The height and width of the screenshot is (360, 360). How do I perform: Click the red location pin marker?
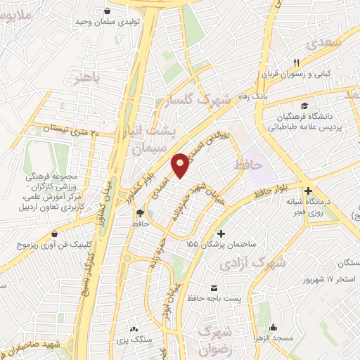click(181, 166)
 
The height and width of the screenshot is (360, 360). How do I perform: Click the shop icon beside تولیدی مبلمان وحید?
click(106, 11)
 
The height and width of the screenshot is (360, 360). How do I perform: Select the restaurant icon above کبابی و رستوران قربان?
click(296, 63)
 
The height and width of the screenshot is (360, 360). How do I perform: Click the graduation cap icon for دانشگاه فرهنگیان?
click(303, 105)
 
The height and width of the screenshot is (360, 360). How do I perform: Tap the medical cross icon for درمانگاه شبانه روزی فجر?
click(308, 191)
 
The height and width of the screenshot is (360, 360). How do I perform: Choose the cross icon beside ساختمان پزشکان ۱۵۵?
click(221, 233)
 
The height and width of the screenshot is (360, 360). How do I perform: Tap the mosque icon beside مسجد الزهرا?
click(273, 328)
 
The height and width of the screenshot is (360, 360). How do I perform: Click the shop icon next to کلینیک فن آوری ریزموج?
click(55, 235)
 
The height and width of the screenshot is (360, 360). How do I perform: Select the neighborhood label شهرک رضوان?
click(214, 338)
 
